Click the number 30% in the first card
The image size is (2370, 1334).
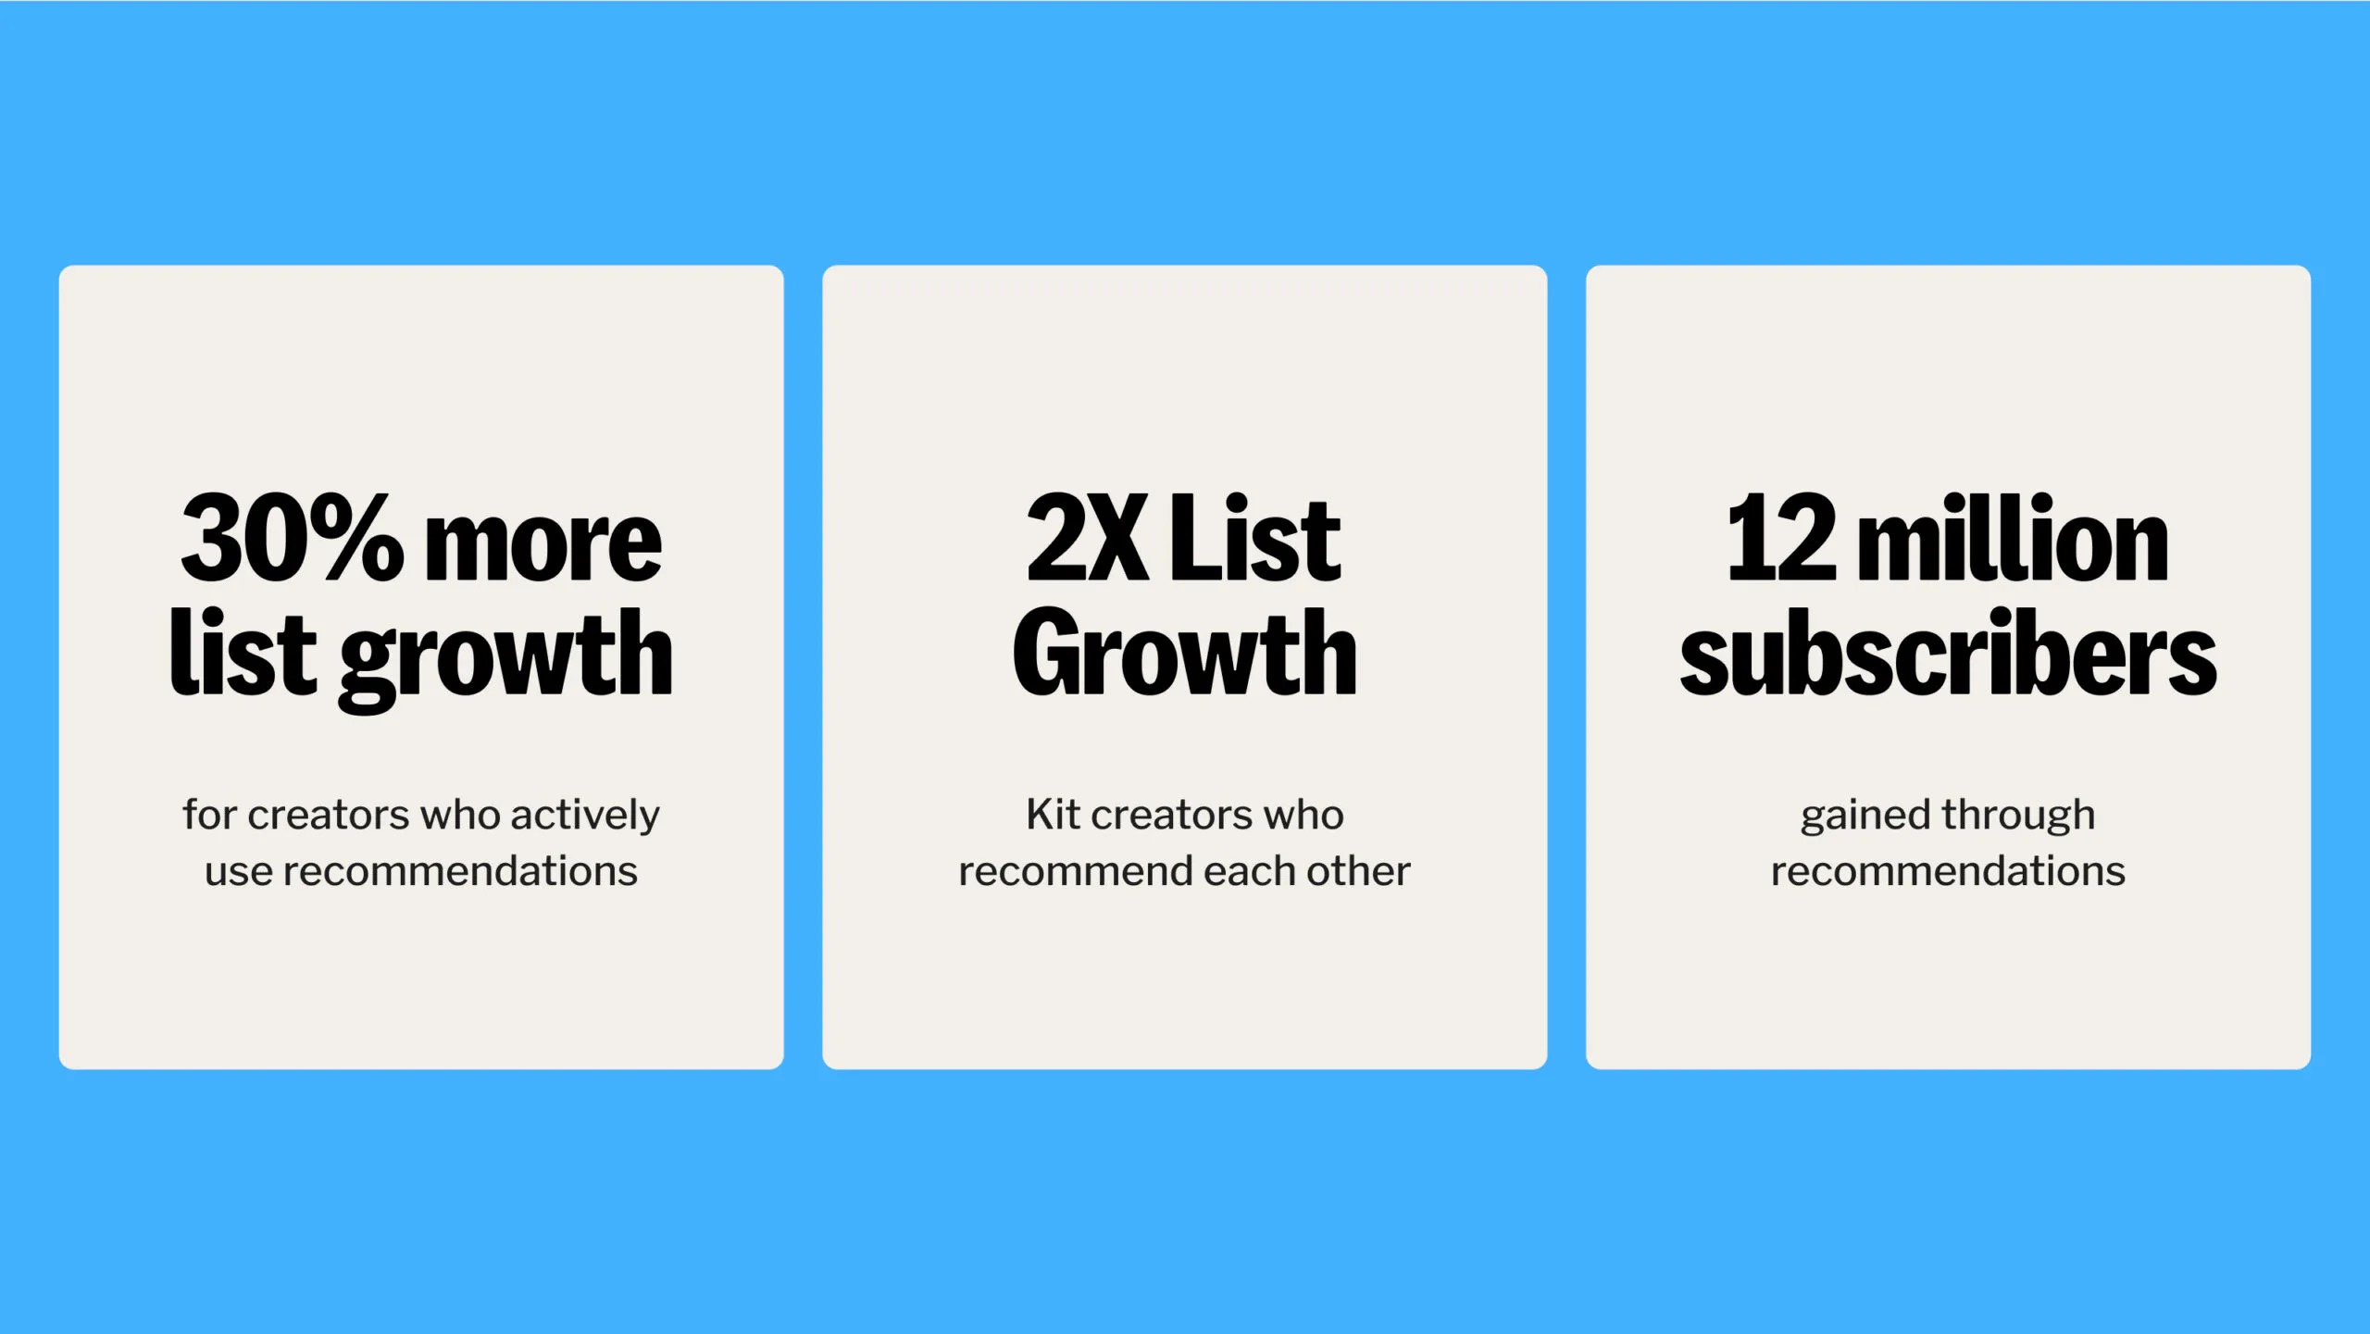pyautogui.click(x=292, y=539)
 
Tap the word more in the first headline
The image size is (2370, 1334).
pyautogui.click(x=543, y=546)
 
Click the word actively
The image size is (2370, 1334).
pyautogui.click(x=584, y=816)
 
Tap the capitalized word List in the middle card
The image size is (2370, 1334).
pyautogui.click(x=1255, y=539)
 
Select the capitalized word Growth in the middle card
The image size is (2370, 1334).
pyautogui.click(x=1184, y=654)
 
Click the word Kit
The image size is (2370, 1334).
pyautogui.click(x=1053, y=815)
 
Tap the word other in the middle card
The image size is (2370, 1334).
pyautogui.click(x=1358, y=872)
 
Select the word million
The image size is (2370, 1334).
pyautogui.click(x=2014, y=539)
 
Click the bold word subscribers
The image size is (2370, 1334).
pyautogui.click(x=1948, y=654)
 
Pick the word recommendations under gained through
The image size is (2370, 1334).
pyautogui.click(x=1948, y=872)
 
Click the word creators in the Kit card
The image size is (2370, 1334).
pyautogui.click(x=1170, y=816)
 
